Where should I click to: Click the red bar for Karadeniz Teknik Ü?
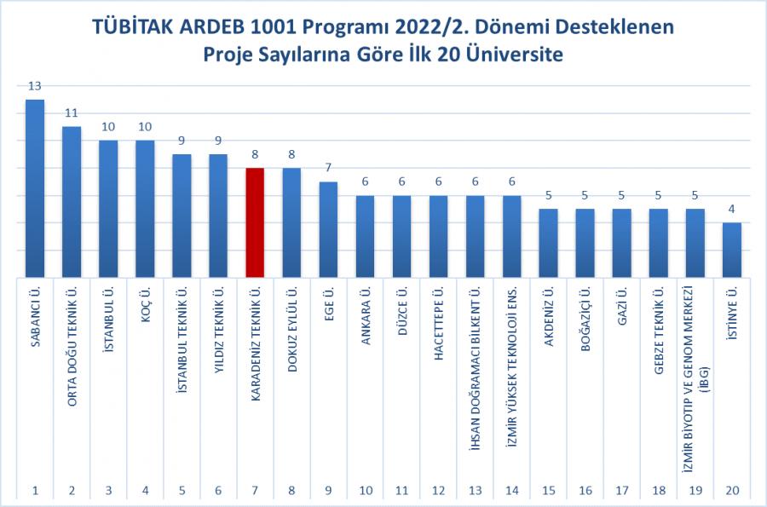(255, 222)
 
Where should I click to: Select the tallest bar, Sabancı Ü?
(35, 188)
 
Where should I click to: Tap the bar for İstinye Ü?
(732, 250)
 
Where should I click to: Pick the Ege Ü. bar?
(328, 229)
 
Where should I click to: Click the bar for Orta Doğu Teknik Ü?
(72, 202)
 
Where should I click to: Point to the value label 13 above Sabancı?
(35, 85)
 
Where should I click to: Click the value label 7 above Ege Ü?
(328, 168)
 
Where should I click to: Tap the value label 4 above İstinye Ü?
(732, 209)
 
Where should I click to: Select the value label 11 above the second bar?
(72, 112)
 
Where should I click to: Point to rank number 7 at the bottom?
(255, 490)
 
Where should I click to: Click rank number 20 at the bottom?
(732, 490)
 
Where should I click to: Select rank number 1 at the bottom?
(35, 490)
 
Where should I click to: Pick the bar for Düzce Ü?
(401, 236)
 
